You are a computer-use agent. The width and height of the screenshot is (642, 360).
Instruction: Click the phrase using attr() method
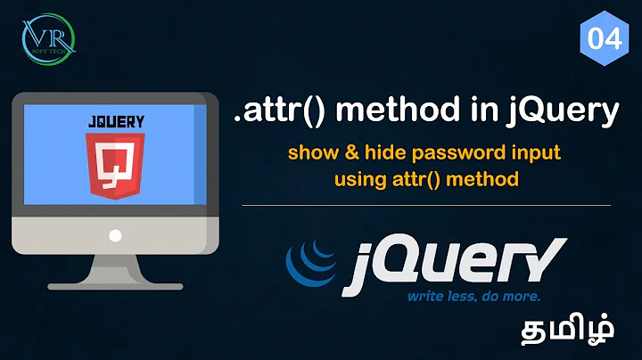click(425, 178)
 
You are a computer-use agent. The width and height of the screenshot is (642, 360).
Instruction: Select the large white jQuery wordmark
click(459, 258)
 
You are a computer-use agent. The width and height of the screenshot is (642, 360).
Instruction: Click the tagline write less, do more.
click(473, 296)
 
